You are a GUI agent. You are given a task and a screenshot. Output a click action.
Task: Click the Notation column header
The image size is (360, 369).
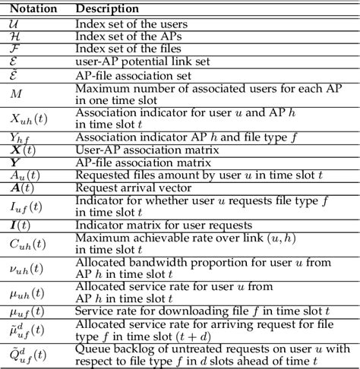click(x=30, y=8)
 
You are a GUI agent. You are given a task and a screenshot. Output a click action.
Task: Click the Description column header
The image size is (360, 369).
click(x=107, y=8)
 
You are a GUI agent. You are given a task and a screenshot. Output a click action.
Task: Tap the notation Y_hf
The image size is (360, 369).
click(x=21, y=137)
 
